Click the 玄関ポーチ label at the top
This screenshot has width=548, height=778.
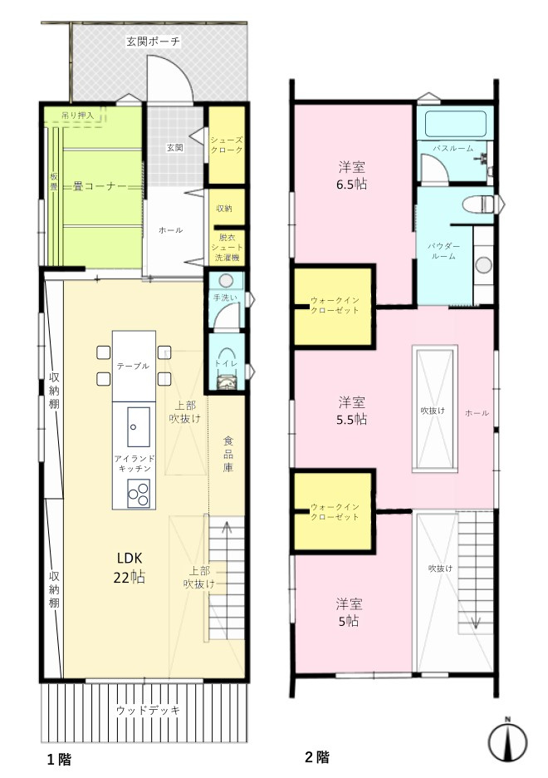click(x=153, y=42)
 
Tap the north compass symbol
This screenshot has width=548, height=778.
click(x=507, y=741)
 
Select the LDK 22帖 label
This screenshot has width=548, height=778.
click(x=130, y=568)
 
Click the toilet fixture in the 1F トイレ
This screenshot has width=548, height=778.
click(x=227, y=382)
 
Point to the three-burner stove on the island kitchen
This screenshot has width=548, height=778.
click(x=139, y=494)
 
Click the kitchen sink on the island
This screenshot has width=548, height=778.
click(x=138, y=426)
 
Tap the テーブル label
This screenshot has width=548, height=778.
click(x=133, y=366)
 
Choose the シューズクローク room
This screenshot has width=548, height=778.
click(x=227, y=145)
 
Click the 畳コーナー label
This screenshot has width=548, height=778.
click(x=100, y=186)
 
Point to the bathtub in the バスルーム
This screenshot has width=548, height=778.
click(x=455, y=124)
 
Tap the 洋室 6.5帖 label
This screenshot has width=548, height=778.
click(x=352, y=175)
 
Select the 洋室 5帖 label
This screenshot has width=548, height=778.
click(x=349, y=613)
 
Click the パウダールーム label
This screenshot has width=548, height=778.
click(x=443, y=251)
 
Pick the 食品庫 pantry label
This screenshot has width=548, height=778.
click(x=228, y=454)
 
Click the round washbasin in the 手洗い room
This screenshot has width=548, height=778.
click(x=226, y=281)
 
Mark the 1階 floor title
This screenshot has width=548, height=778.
click(x=59, y=759)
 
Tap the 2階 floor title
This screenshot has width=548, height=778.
click(x=316, y=757)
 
